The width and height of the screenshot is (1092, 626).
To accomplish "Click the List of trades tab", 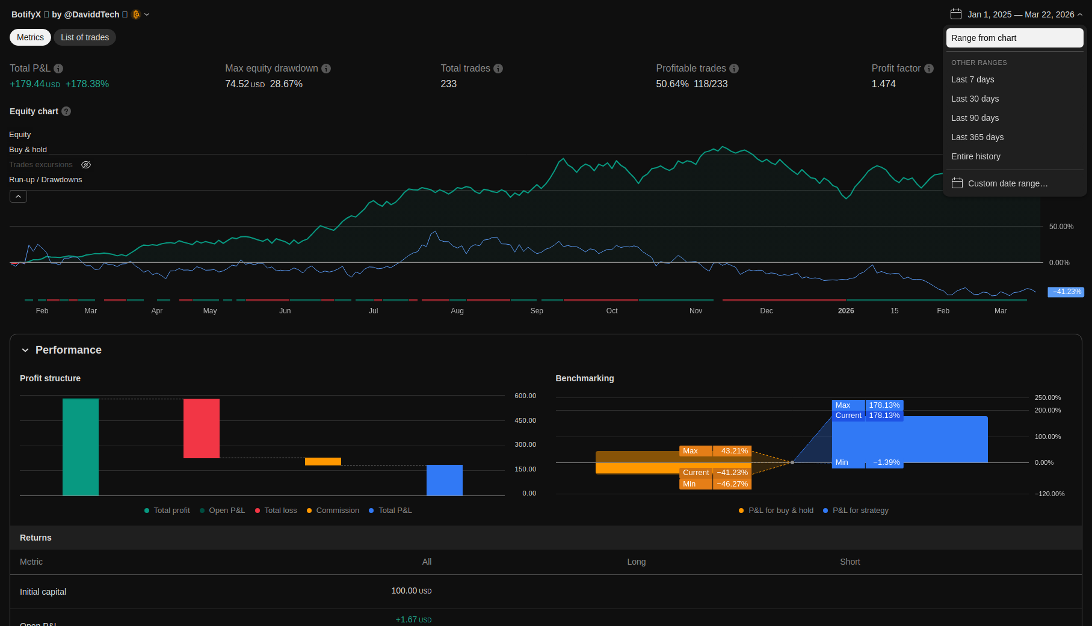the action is point(85,37).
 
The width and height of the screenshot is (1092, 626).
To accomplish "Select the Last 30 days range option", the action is point(975,99).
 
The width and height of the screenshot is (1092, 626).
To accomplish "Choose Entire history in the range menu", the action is point(976,156).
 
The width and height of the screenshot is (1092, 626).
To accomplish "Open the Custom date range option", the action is point(1008,183).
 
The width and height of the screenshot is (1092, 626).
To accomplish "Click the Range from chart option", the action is point(1014,38).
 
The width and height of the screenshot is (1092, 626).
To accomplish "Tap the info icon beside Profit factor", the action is point(929,69).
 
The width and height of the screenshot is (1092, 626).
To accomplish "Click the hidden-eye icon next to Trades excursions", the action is point(86,165).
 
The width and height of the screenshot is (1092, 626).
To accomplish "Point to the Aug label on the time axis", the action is point(457,311).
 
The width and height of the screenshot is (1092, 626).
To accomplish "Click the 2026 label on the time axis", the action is point(846,311).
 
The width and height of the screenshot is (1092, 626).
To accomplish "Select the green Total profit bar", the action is point(81,447).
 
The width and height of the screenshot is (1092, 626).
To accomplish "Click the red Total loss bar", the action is point(202,428).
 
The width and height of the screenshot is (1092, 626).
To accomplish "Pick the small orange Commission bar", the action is point(323,461).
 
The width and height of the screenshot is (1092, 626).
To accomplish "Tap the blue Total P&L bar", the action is point(445,480).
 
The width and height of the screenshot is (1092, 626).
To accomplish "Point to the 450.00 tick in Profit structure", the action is point(525,420).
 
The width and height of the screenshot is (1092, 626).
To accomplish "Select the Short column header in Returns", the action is point(850,562).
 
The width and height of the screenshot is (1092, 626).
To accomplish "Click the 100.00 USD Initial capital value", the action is point(412,591).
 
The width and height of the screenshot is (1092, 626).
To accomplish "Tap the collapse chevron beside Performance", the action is point(25,350).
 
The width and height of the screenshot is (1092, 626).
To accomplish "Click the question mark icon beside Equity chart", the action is point(66,111).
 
